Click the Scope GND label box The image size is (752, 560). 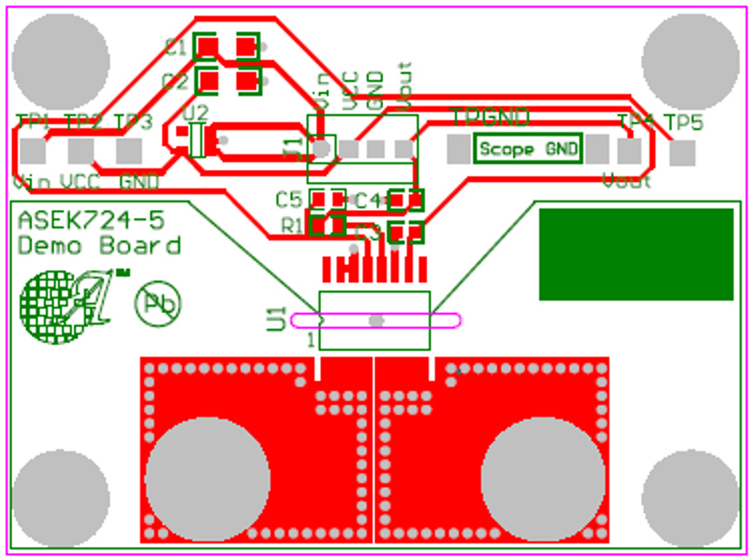(x=528, y=149)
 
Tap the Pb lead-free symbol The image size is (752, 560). (x=158, y=304)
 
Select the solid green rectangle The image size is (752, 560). (x=636, y=254)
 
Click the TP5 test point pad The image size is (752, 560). (x=682, y=152)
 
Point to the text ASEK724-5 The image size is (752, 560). (x=91, y=219)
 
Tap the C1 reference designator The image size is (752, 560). (x=176, y=49)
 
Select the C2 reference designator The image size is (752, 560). (x=176, y=83)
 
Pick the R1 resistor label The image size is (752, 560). (x=292, y=226)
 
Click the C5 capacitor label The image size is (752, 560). (x=289, y=199)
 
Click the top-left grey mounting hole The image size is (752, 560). (x=60, y=59)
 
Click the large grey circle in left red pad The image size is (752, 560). (x=206, y=478)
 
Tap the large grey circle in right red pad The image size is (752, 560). (x=542, y=478)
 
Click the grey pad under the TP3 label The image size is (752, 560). (x=129, y=151)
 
